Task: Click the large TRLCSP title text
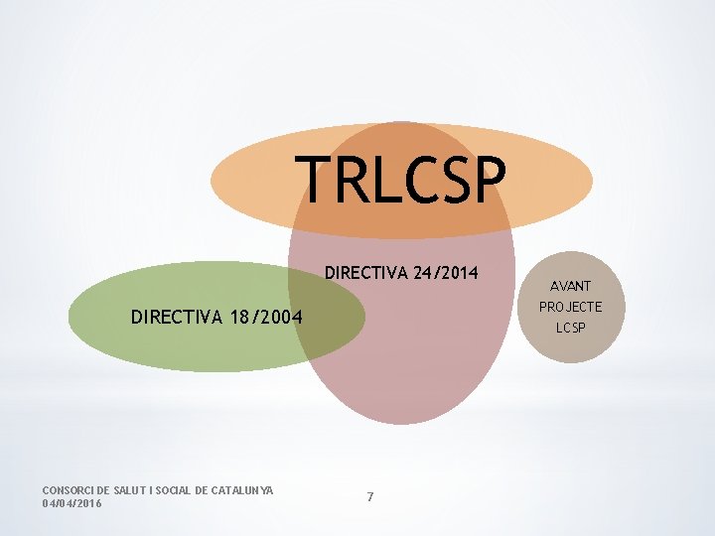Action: tap(402, 180)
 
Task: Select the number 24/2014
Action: tap(445, 272)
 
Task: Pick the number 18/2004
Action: tap(259, 318)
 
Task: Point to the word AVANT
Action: tap(570, 286)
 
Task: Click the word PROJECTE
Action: tap(570, 306)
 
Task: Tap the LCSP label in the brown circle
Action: tap(570, 327)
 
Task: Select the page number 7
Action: tap(370, 496)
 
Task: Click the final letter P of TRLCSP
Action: tap(487, 180)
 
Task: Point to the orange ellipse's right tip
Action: tap(591, 181)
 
